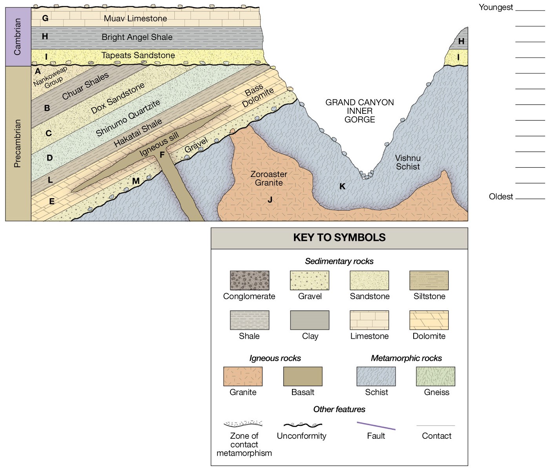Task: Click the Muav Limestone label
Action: click(135, 18)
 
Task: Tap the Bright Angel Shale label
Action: click(137, 37)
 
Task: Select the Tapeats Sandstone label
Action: click(138, 55)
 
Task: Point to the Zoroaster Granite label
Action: click(269, 179)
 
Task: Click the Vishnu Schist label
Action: click(408, 162)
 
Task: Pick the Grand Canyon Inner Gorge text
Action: click(359, 111)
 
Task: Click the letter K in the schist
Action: click(343, 186)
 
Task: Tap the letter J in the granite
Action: click(270, 200)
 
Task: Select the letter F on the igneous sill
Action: click(162, 155)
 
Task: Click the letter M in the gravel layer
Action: click(136, 181)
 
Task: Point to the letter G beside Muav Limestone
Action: click(45, 18)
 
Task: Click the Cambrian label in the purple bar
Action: click(18, 37)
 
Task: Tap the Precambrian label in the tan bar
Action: click(18, 144)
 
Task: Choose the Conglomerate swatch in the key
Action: click(249, 280)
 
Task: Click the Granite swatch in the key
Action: click(243, 376)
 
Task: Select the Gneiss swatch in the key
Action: click(436, 376)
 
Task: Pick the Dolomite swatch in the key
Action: click(429, 320)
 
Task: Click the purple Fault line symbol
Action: click(376, 426)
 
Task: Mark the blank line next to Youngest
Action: click(530, 9)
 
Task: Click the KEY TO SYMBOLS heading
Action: click(339, 237)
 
